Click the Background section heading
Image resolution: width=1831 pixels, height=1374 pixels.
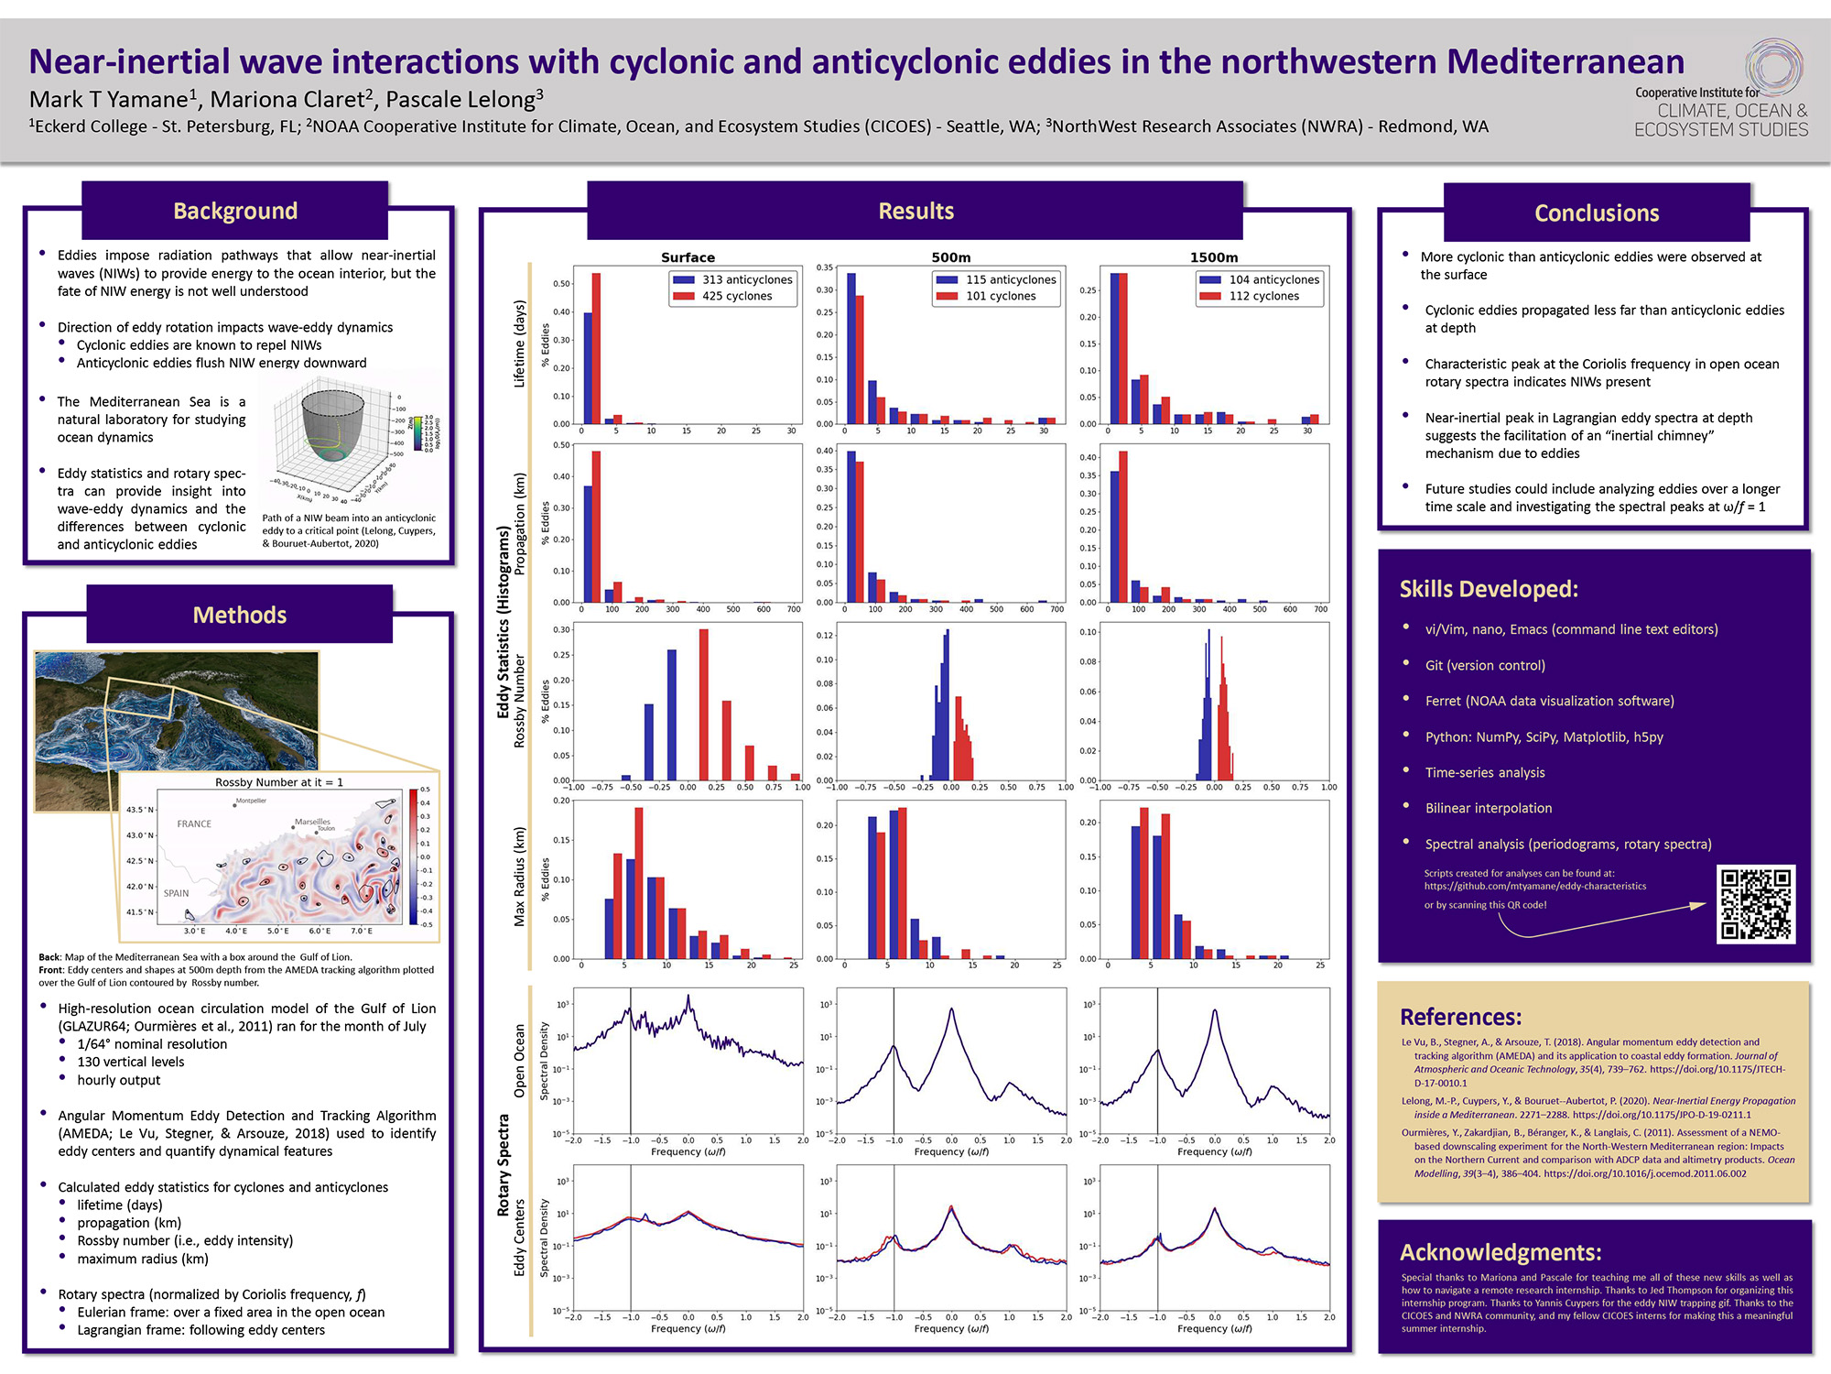pyautogui.click(x=235, y=211)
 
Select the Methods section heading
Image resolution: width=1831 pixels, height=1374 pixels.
pyautogui.click(x=239, y=615)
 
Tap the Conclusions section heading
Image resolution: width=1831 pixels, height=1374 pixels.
pyautogui.click(x=1596, y=213)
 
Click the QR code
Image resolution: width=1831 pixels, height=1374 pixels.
pyautogui.click(x=1755, y=904)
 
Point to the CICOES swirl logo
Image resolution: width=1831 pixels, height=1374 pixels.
pyautogui.click(x=1772, y=66)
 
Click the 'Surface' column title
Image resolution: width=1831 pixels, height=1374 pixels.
pyautogui.click(x=688, y=257)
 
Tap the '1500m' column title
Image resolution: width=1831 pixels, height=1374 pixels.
pyautogui.click(x=1214, y=257)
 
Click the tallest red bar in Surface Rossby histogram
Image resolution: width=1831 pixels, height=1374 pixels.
pyautogui.click(x=703, y=703)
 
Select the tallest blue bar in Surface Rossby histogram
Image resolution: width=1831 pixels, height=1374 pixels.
pyautogui.click(x=672, y=714)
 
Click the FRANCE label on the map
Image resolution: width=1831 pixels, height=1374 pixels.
pyautogui.click(x=194, y=823)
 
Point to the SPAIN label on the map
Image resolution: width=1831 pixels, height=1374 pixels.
pyautogui.click(x=176, y=893)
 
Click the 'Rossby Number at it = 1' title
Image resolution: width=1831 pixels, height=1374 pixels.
pyautogui.click(x=279, y=782)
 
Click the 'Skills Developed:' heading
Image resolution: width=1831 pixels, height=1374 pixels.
pyautogui.click(x=1489, y=589)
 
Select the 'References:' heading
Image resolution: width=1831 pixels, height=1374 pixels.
pyautogui.click(x=1460, y=1017)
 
